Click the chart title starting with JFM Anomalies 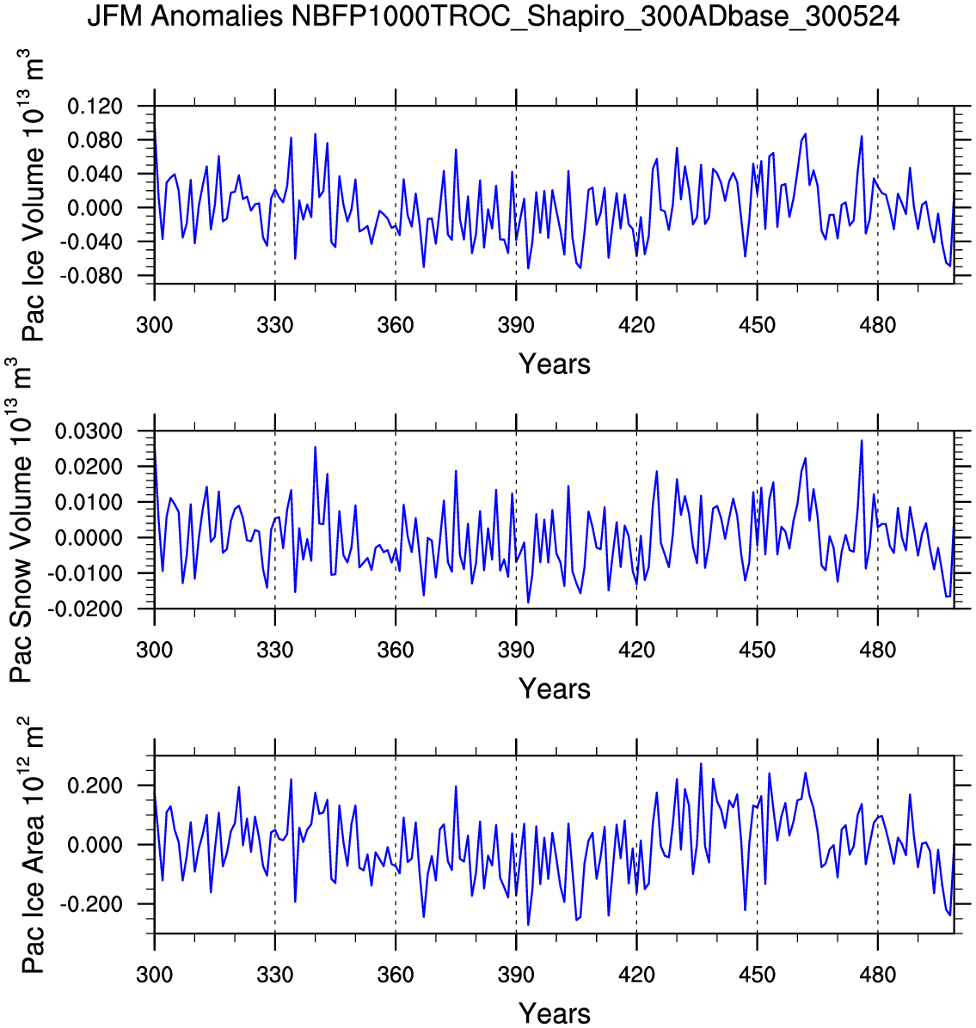tap(493, 16)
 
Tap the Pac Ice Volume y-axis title tap(32, 196)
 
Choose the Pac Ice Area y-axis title tap(32, 844)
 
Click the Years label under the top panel tap(555, 364)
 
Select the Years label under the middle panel tap(555, 689)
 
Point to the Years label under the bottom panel tap(555, 1013)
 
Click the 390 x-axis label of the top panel tap(516, 326)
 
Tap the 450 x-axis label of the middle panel tap(757, 650)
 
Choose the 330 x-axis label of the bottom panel tap(275, 975)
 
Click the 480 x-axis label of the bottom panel tap(877, 975)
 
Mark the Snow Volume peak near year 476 tap(862, 441)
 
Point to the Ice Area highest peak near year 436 tap(701, 764)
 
